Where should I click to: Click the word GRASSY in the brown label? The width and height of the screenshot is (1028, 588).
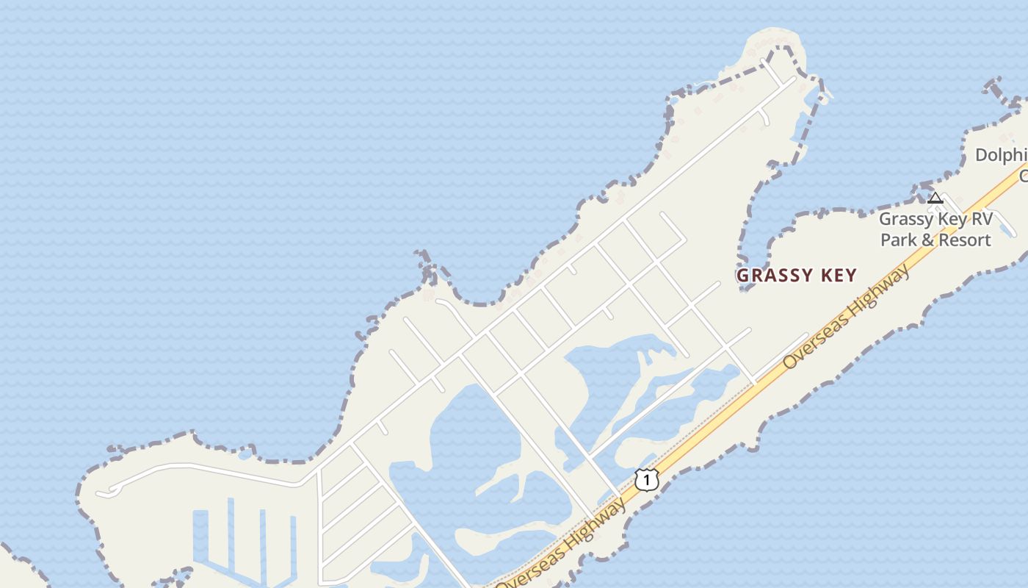[771, 276]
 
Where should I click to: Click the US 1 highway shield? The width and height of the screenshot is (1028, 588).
[646, 479]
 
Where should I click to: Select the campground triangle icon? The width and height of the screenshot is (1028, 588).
[935, 198]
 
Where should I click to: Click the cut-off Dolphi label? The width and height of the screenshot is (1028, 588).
[1000, 155]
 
